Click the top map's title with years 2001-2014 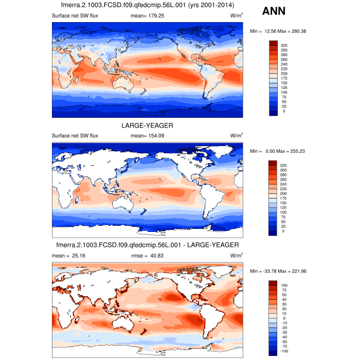click(x=147, y=6)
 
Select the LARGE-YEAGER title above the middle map click(x=147, y=125)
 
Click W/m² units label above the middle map click(x=237, y=136)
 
